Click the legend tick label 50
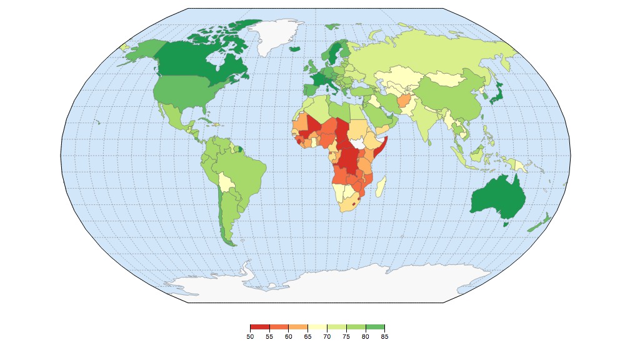[x=250, y=337]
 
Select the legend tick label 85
[x=384, y=337]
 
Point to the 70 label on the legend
[x=327, y=337]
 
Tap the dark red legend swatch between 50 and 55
[x=259, y=327]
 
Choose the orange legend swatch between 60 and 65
[x=298, y=327]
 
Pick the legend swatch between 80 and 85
[x=375, y=327]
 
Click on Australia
[x=497, y=197]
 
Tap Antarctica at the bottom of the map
[x=325, y=284]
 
